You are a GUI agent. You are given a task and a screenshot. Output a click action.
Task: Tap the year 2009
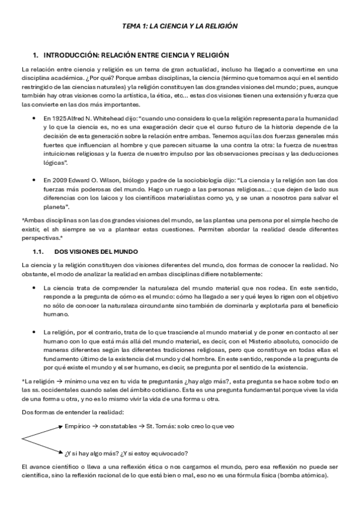59,179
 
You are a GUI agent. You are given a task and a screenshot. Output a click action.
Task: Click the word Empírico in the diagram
78,426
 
